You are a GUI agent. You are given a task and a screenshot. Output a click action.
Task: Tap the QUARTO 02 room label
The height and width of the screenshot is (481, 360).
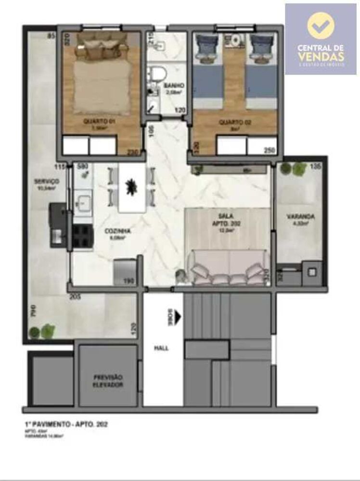click(x=235, y=122)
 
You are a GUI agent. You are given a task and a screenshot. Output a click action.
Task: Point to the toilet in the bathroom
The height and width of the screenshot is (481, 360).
click(x=158, y=74)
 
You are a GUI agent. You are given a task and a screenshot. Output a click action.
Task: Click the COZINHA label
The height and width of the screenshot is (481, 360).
click(x=117, y=231)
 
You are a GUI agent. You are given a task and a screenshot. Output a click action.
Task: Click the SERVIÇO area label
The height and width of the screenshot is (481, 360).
click(x=46, y=181)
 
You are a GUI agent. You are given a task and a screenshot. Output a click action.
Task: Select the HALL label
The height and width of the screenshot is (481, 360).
click(x=162, y=348)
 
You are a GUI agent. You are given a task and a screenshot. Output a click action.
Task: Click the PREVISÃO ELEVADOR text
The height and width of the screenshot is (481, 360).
click(x=108, y=381)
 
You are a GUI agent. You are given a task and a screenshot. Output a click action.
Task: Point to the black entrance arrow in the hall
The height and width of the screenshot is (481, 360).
click(x=177, y=317)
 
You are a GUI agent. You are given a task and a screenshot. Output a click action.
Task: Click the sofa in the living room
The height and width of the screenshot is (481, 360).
click(x=229, y=268)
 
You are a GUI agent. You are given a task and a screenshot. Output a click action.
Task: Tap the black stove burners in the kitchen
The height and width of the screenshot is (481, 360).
click(x=82, y=236)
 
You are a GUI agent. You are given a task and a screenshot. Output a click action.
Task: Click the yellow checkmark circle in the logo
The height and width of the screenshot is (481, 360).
click(x=321, y=25)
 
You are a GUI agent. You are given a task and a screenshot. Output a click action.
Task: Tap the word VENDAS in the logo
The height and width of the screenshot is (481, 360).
click(x=321, y=56)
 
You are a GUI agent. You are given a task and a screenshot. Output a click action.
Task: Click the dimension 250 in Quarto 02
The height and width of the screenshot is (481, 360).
click(x=270, y=151)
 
